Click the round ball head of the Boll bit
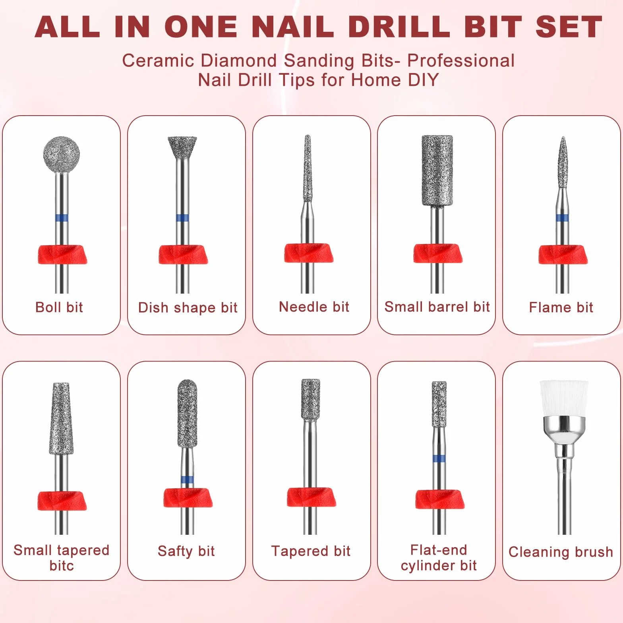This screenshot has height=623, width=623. tap(61, 155)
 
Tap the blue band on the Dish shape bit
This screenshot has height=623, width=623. tap(182, 218)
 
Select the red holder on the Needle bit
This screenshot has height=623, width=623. tap(308, 253)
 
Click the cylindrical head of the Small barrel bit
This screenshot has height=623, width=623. tap(437, 170)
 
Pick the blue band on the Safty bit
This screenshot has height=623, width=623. tap(187, 479)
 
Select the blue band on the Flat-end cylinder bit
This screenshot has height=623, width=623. tap(439, 459)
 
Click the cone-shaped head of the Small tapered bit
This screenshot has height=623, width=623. tap(61, 418)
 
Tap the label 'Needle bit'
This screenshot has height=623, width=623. tap(314, 307)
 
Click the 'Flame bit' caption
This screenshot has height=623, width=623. tap(561, 307)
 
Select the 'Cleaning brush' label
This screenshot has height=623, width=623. tap(561, 552)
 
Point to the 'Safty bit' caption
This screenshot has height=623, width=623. tap(186, 551)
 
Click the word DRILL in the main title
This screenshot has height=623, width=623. tap(399, 27)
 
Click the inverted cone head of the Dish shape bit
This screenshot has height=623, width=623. tap(182, 147)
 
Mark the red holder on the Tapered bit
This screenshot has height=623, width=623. tap(311, 497)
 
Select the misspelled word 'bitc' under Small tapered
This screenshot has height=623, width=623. tap(62, 565)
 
